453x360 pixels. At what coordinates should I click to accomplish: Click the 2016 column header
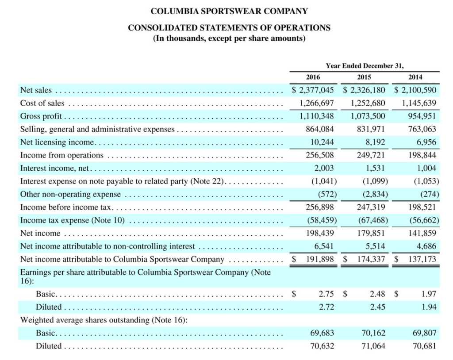pyautogui.click(x=313, y=77)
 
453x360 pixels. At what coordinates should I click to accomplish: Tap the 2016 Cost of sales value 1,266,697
pyautogui.click(x=314, y=103)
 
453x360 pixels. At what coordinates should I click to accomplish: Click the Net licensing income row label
pyautogui.click(x=58, y=142)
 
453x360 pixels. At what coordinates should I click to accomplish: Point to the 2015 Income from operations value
pyautogui.click(x=370, y=155)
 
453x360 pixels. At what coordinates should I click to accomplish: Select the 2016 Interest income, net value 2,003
pyautogui.click(x=324, y=168)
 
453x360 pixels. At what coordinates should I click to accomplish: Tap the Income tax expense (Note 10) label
pyautogui.click(x=73, y=220)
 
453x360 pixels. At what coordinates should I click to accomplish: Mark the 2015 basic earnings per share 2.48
pyautogui.click(x=377, y=294)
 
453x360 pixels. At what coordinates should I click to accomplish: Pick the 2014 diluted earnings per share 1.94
pyautogui.click(x=428, y=306)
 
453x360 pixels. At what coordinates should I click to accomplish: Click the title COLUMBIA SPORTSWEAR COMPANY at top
pyautogui.click(x=229, y=11)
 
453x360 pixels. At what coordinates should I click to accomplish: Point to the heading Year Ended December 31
pyautogui.click(x=365, y=65)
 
